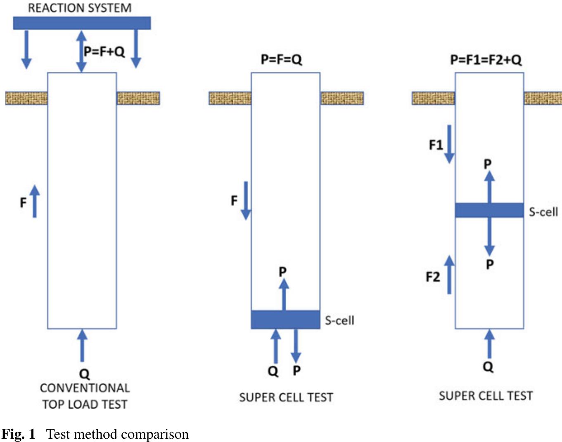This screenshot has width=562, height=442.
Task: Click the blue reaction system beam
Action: [x=82, y=23]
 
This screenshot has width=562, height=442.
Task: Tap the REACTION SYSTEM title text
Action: [x=80, y=8]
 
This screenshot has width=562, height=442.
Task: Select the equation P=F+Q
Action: [x=104, y=52]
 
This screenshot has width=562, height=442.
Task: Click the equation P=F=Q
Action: [x=281, y=59]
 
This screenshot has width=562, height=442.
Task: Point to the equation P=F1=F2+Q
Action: [x=486, y=60]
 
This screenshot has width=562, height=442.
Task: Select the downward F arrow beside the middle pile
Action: [x=246, y=200]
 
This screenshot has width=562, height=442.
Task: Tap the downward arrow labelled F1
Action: [x=449, y=144]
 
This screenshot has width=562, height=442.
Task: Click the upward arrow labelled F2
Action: [x=449, y=275]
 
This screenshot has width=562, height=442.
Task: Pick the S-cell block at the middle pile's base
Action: [x=285, y=320]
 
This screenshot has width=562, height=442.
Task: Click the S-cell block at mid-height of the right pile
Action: [x=489, y=210]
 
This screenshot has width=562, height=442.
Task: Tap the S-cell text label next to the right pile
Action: [x=543, y=212]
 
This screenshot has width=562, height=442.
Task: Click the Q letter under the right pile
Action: [x=488, y=367]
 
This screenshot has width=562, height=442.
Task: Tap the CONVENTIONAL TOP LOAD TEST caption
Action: [x=85, y=396]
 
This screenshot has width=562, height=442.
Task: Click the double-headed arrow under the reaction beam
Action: [x=82, y=51]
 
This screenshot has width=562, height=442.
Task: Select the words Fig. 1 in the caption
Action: [x=18, y=434]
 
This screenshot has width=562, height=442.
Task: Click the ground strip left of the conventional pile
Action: [x=26, y=98]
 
